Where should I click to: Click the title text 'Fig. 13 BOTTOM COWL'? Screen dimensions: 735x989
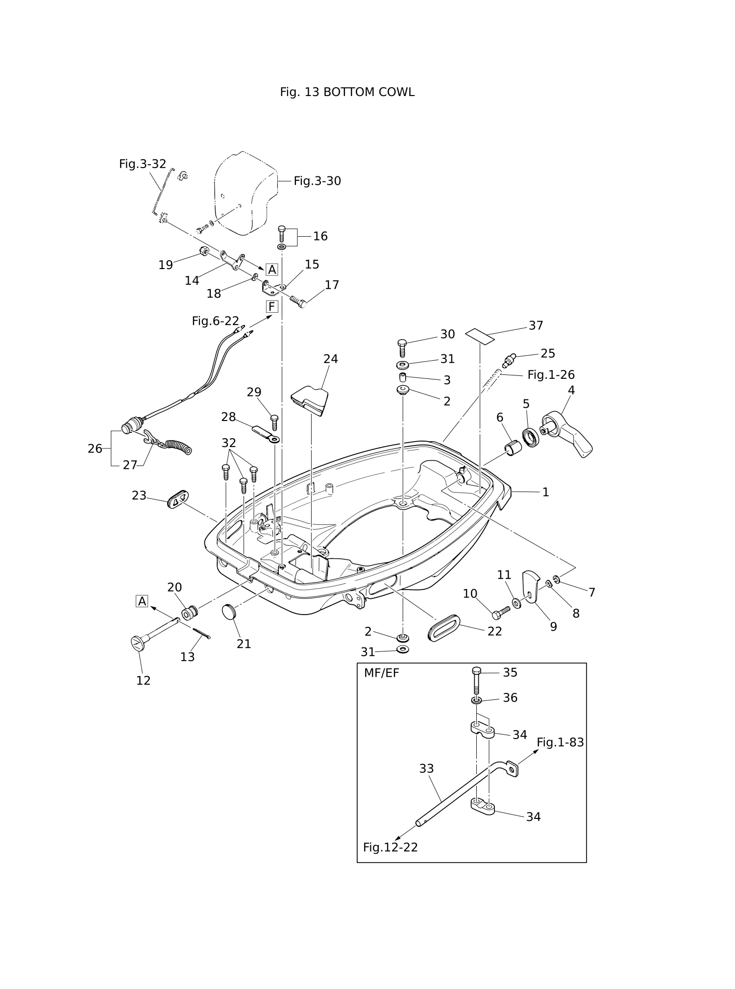point(347,92)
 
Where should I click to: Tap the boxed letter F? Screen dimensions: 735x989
point(272,307)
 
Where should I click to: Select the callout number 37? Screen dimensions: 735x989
point(536,325)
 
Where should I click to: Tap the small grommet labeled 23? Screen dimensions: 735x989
point(178,499)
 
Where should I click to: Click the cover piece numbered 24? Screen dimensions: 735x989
point(310,400)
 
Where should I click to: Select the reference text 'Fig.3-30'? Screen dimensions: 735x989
point(317,181)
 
